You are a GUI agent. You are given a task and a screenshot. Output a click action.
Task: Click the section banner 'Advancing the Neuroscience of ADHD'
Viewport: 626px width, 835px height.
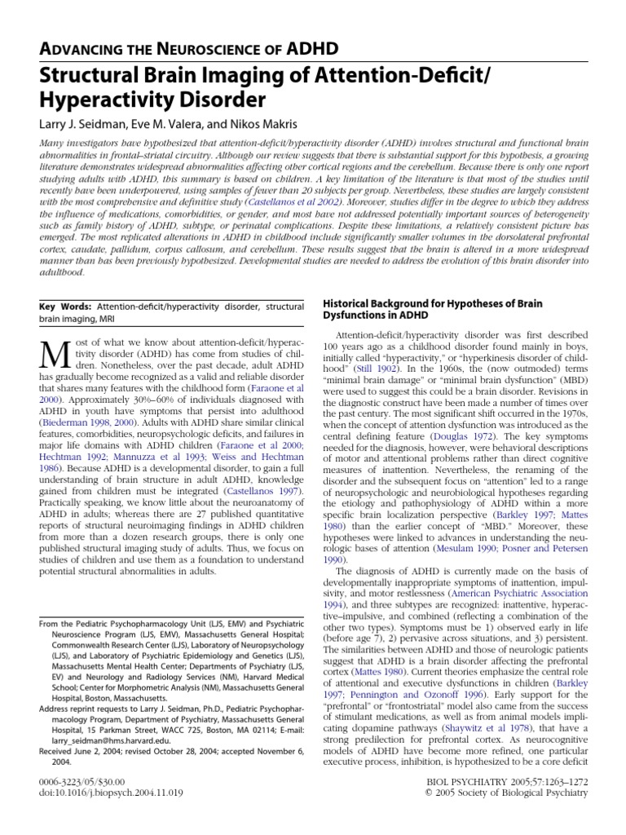tap(188, 48)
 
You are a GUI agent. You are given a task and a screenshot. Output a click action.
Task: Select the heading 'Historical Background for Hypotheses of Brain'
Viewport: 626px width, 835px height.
tap(433, 303)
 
